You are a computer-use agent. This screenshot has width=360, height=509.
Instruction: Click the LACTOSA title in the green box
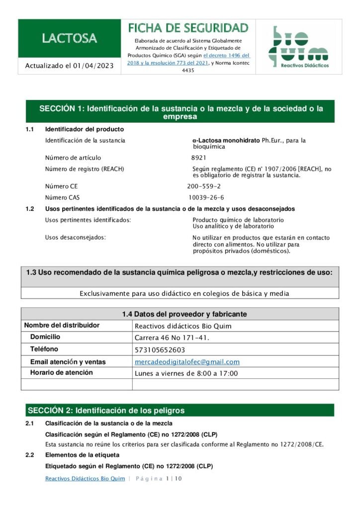coord(69,38)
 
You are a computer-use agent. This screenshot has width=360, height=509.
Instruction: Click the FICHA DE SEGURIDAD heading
coord(188,27)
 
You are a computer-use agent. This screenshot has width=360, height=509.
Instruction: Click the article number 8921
coord(199,158)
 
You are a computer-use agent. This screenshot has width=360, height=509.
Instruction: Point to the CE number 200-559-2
coord(204,186)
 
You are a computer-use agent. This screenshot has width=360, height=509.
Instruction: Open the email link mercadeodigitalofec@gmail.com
coord(187,362)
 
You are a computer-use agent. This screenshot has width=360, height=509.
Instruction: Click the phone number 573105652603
coord(160,349)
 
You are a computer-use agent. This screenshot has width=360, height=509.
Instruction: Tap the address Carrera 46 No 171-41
coord(172,338)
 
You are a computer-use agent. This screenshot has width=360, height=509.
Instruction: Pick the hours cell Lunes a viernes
coord(186,373)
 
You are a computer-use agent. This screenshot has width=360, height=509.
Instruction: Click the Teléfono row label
coord(44,349)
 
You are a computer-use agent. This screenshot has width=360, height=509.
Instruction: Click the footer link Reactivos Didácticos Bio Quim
coord(85,478)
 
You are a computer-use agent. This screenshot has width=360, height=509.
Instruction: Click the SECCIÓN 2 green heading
coord(106,410)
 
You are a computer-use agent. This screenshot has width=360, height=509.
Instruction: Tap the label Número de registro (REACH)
coord(85,169)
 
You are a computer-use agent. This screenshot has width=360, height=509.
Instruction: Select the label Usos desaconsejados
coord(76,238)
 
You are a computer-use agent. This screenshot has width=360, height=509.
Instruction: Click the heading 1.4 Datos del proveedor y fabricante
coord(184,314)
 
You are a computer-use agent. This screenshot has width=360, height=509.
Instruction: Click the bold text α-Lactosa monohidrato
coord(226,141)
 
